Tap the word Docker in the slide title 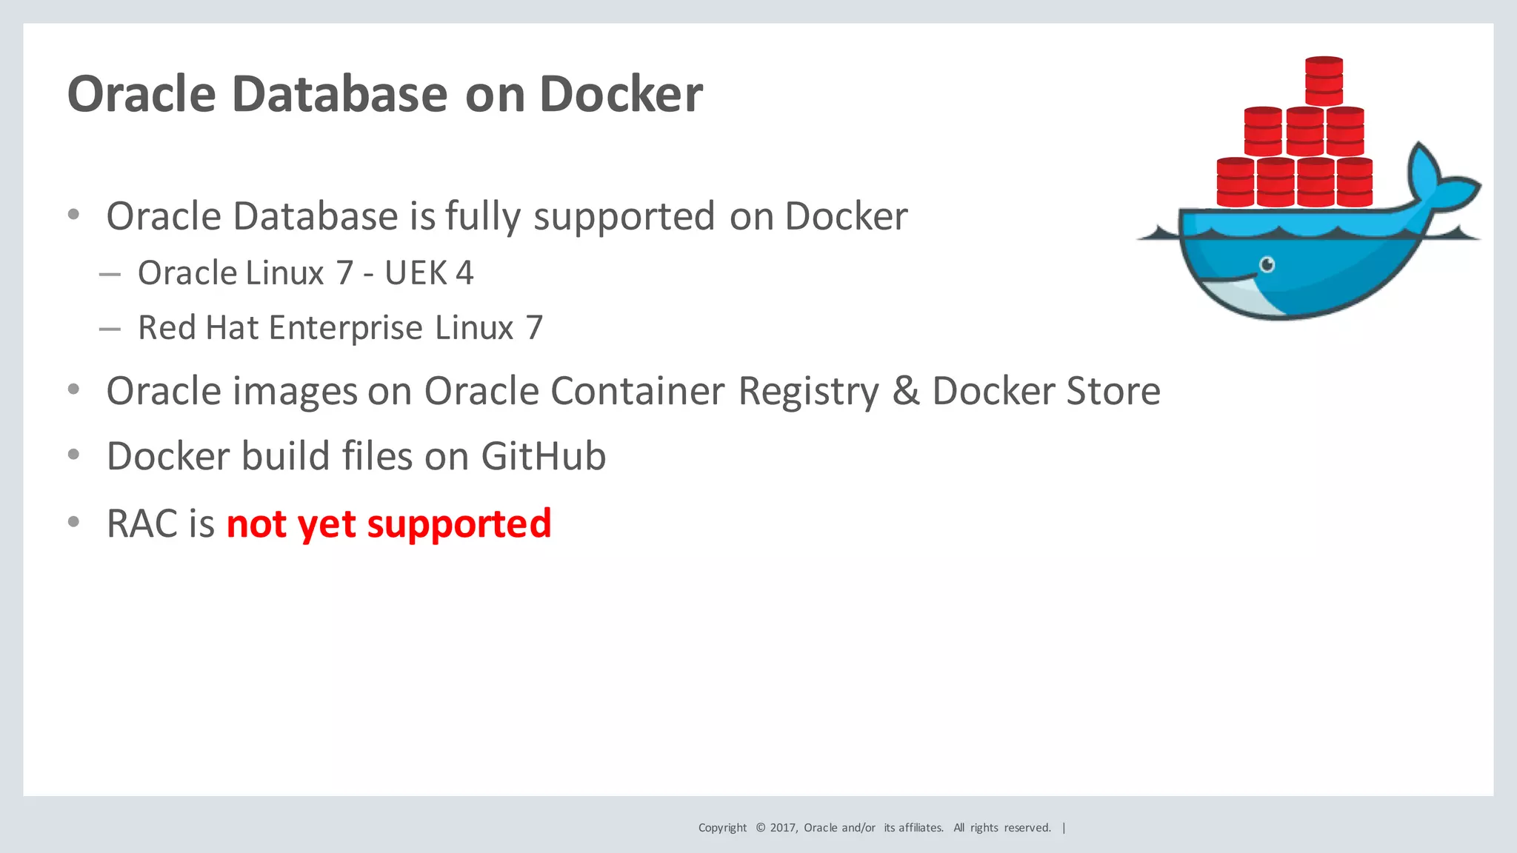(x=621, y=94)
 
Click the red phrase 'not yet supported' (x=389, y=523)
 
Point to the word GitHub (x=543, y=456)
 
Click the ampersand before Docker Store (x=905, y=391)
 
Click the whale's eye (x=1267, y=264)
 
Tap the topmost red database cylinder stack (x=1324, y=81)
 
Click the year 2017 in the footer (x=783, y=828)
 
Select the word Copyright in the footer (x=722, y=828)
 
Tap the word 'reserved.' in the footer (x=1027, y=828)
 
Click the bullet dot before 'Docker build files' (x=73, y=455)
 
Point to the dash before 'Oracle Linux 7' (x=110, y=274)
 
